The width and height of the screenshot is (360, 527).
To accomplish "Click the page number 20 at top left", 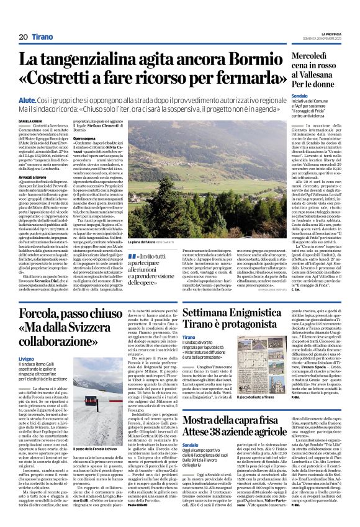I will (23, 37).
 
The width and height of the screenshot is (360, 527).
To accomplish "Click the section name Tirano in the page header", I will (43, 37).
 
